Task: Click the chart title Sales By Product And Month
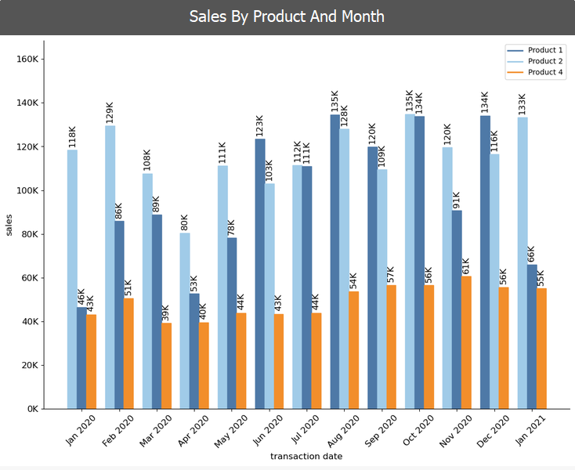coord(287,16)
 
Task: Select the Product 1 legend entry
coord(545,49)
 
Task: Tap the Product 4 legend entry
coord(545,73)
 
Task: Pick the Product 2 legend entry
coord(545,61)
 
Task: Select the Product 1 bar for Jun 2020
coord(260,273)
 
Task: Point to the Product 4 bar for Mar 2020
coord(166,366)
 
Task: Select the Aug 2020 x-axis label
coord(344,430)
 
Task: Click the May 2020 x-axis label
coord(230,430)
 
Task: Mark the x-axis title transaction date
coord(306,456)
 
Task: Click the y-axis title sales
coord(9,225)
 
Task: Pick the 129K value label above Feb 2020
coord(110,112)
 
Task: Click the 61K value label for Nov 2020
coord(466,266)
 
